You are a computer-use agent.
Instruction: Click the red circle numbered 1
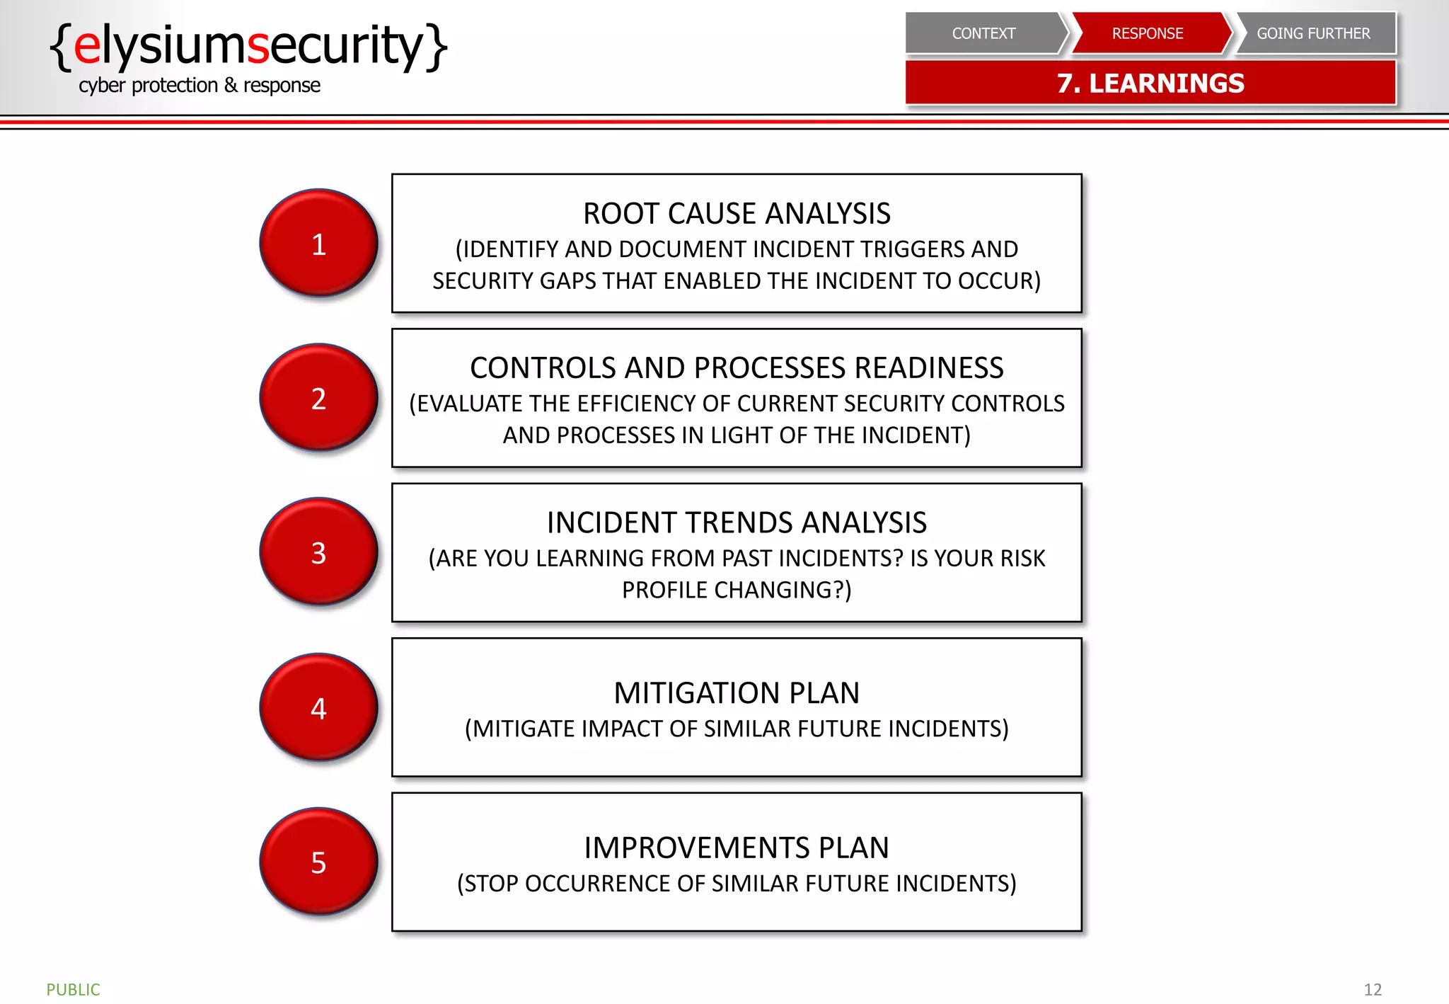click(318, 243)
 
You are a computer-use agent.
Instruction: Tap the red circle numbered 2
click(318, 397)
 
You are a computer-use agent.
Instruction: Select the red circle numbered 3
click(318, 552)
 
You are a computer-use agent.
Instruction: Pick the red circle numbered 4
click(318, 707)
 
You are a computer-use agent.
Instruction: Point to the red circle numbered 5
click(318, 861)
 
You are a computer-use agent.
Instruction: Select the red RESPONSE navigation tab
click(1147, 33)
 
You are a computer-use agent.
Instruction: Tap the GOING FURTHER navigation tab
click(1313, 33)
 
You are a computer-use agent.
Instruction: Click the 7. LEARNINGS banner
click(1150, 84)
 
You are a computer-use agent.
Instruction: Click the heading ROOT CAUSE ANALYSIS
click(737, 214)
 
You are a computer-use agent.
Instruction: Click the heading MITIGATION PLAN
click(737, 693)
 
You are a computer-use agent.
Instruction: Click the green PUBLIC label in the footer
click(73, 989)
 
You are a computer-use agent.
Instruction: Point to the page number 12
click(1372, 989)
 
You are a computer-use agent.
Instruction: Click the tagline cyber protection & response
click(199, 86)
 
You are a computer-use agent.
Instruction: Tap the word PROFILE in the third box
click(665, 590)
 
